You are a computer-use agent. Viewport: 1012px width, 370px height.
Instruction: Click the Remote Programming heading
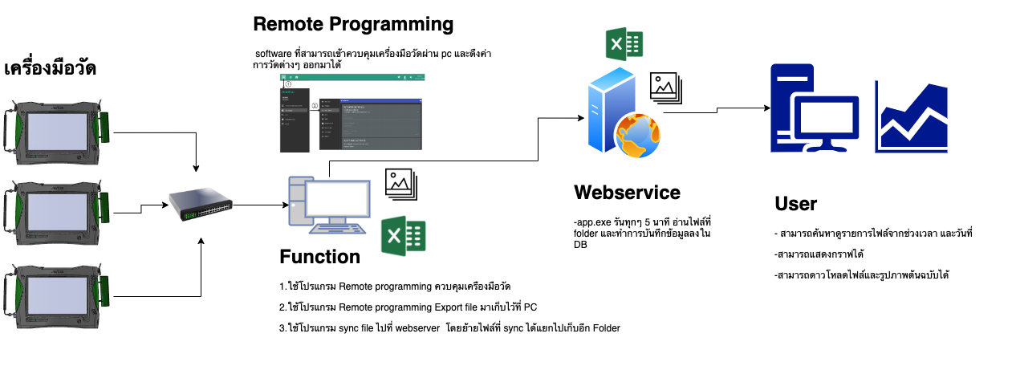click(x=353, y=24)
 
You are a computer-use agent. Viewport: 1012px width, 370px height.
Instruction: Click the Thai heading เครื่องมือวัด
click(x=51, y=68)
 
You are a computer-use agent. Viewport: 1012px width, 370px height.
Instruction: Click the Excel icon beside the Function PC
click(x=402, y=237)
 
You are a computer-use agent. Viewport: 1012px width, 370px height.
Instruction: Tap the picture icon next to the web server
click(x=666, y=85)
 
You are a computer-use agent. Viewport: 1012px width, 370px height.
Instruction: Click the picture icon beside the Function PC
click(x=402, y=184)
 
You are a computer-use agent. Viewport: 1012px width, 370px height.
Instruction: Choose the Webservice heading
click(x=627, y=193)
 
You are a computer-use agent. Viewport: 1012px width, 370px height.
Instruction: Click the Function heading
click(x=319, y=257)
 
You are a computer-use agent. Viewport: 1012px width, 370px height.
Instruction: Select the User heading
click(x=795, y=203)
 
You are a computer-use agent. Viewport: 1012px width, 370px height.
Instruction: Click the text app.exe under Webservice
click(x=589, y=221)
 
